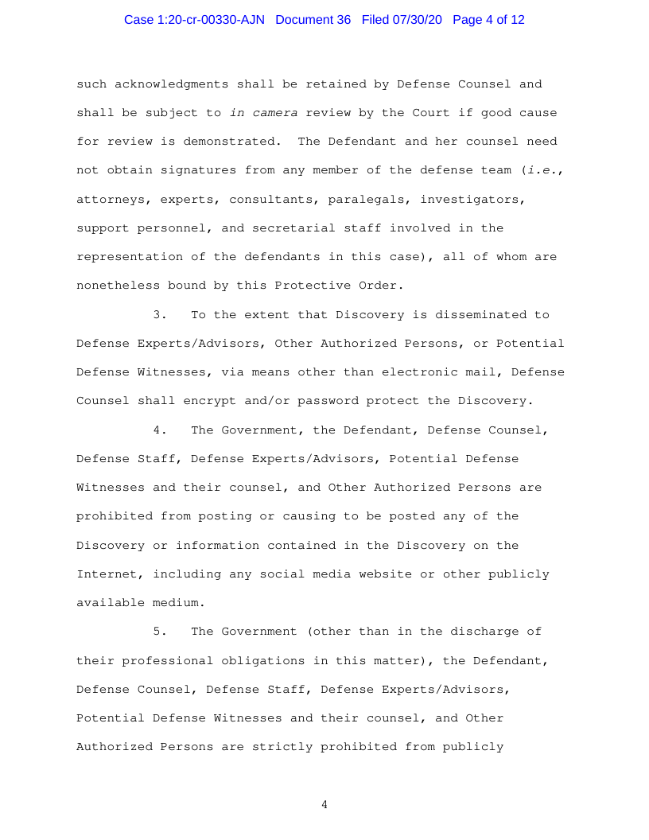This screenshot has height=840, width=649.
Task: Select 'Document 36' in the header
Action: pos(313,20)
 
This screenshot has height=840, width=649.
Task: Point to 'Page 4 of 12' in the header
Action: pos(488,20)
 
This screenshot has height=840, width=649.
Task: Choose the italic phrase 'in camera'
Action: pos(263,113)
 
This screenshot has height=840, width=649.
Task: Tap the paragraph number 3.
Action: pos(159,314)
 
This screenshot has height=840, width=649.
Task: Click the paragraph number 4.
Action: pos(159,430)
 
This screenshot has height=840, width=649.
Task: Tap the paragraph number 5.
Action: pos(159,632)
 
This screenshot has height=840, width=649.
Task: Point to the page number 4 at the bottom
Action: pos(324,805)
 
